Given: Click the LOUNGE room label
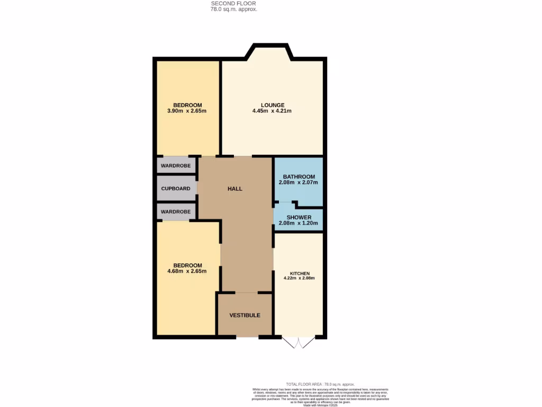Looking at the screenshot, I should tap(272, 105).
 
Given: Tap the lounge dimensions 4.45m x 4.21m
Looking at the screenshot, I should tap(272, 111).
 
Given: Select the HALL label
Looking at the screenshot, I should tap(235, 189).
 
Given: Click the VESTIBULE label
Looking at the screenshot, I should tap(245, 315).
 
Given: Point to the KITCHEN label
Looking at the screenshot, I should tap(300, 273).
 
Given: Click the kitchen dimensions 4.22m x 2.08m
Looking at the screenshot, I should tap(300, 278).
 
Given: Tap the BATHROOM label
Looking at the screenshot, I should tap(299, 176).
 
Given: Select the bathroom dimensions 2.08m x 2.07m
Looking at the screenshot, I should tap(299, 183).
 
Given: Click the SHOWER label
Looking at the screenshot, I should tap(299, 217).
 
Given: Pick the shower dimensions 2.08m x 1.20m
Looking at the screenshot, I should tap(299, 224).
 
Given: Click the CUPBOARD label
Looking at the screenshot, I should tap(176, 189).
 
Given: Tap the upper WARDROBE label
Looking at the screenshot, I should tap(176, 166).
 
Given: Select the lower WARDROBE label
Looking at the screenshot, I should tap(176, 212).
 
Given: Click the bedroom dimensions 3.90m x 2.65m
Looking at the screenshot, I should tap(187, 111).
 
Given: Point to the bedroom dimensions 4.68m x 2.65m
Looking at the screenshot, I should tap(187, 271).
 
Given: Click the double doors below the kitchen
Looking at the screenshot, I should tap(299, 342).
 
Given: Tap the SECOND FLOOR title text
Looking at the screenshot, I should tap(233, 3).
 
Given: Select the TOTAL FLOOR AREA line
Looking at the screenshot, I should tap(320, 384).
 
